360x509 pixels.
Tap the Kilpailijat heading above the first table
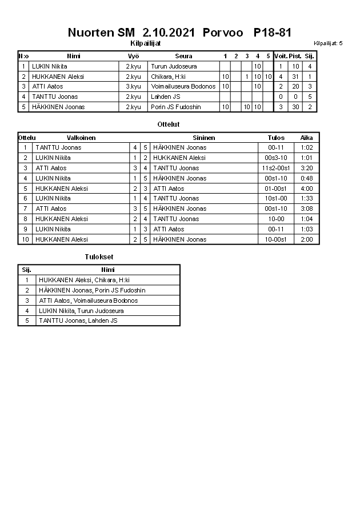point(146,43)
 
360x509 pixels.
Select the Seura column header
point(183,56)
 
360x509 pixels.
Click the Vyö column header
point(133,56)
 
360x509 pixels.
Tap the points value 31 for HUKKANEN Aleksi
point(295,77)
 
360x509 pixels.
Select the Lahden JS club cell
point(166,97)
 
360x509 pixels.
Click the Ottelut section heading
point(168,124)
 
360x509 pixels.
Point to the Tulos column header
point(276,138)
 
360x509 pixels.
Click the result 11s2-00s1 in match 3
point(276,168)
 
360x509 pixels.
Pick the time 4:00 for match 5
point(307,189)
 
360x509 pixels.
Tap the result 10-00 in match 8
point(276,219)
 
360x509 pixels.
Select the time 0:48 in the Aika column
point(307,178)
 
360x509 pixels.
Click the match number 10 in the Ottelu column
point(25,240)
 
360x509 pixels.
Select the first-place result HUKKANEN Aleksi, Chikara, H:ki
point(84,280)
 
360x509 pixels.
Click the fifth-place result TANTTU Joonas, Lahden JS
point(78,321)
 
